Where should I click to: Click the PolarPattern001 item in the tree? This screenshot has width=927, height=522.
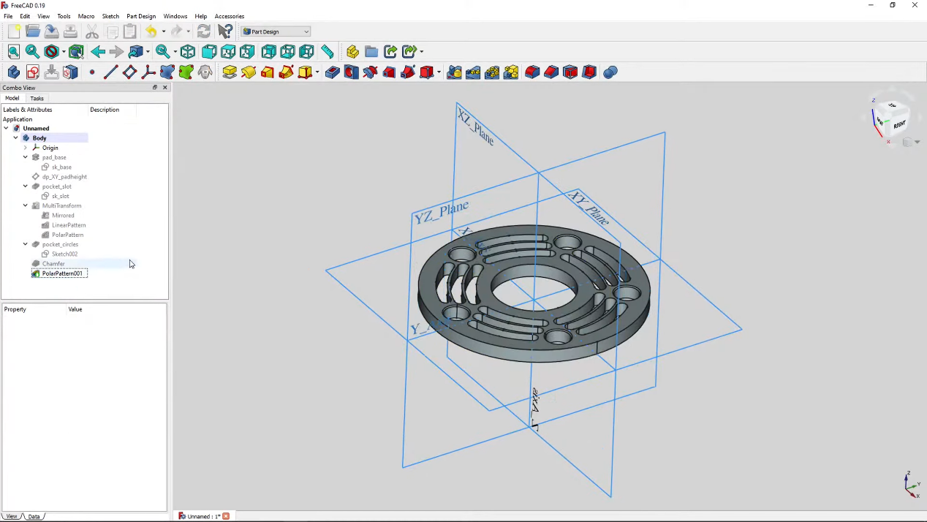(62, 273)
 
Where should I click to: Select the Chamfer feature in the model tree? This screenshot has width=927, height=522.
(53, 264)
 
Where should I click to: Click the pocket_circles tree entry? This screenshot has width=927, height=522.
(60, 244)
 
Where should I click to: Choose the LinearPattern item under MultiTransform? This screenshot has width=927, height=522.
(69, 225)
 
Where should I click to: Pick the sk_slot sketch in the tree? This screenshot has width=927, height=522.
(60, 196)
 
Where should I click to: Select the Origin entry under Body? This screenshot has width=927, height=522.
(50, 148)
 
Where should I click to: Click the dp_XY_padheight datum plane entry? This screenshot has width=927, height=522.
(64, 177)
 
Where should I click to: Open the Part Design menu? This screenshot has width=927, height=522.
(141, 16)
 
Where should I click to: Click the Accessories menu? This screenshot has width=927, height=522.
(230, 16)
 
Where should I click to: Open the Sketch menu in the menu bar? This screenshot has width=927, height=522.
(110, 16)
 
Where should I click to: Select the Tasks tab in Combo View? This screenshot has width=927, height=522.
(37, 98)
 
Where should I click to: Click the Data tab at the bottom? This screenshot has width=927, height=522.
(34, 516)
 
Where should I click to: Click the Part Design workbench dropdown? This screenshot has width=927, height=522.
(276, 31)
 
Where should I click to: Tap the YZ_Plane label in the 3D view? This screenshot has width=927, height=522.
(442, 212)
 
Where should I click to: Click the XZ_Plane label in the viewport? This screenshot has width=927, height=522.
(475, 126)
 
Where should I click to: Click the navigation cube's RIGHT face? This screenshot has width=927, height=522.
(898, 124)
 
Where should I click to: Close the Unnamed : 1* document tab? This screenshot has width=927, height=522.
(226, 516)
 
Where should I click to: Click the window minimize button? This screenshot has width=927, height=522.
(871, 5)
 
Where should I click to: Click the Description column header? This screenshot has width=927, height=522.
(105, 110)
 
